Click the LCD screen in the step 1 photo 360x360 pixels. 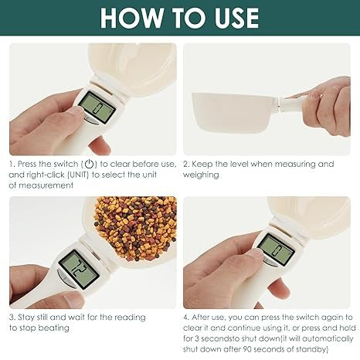click(97, 106)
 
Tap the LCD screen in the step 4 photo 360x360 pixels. click(275, 248)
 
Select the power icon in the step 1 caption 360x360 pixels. click(90, 164)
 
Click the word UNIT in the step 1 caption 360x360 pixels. click(78, 175)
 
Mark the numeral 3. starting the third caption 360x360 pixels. click(12, 317)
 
